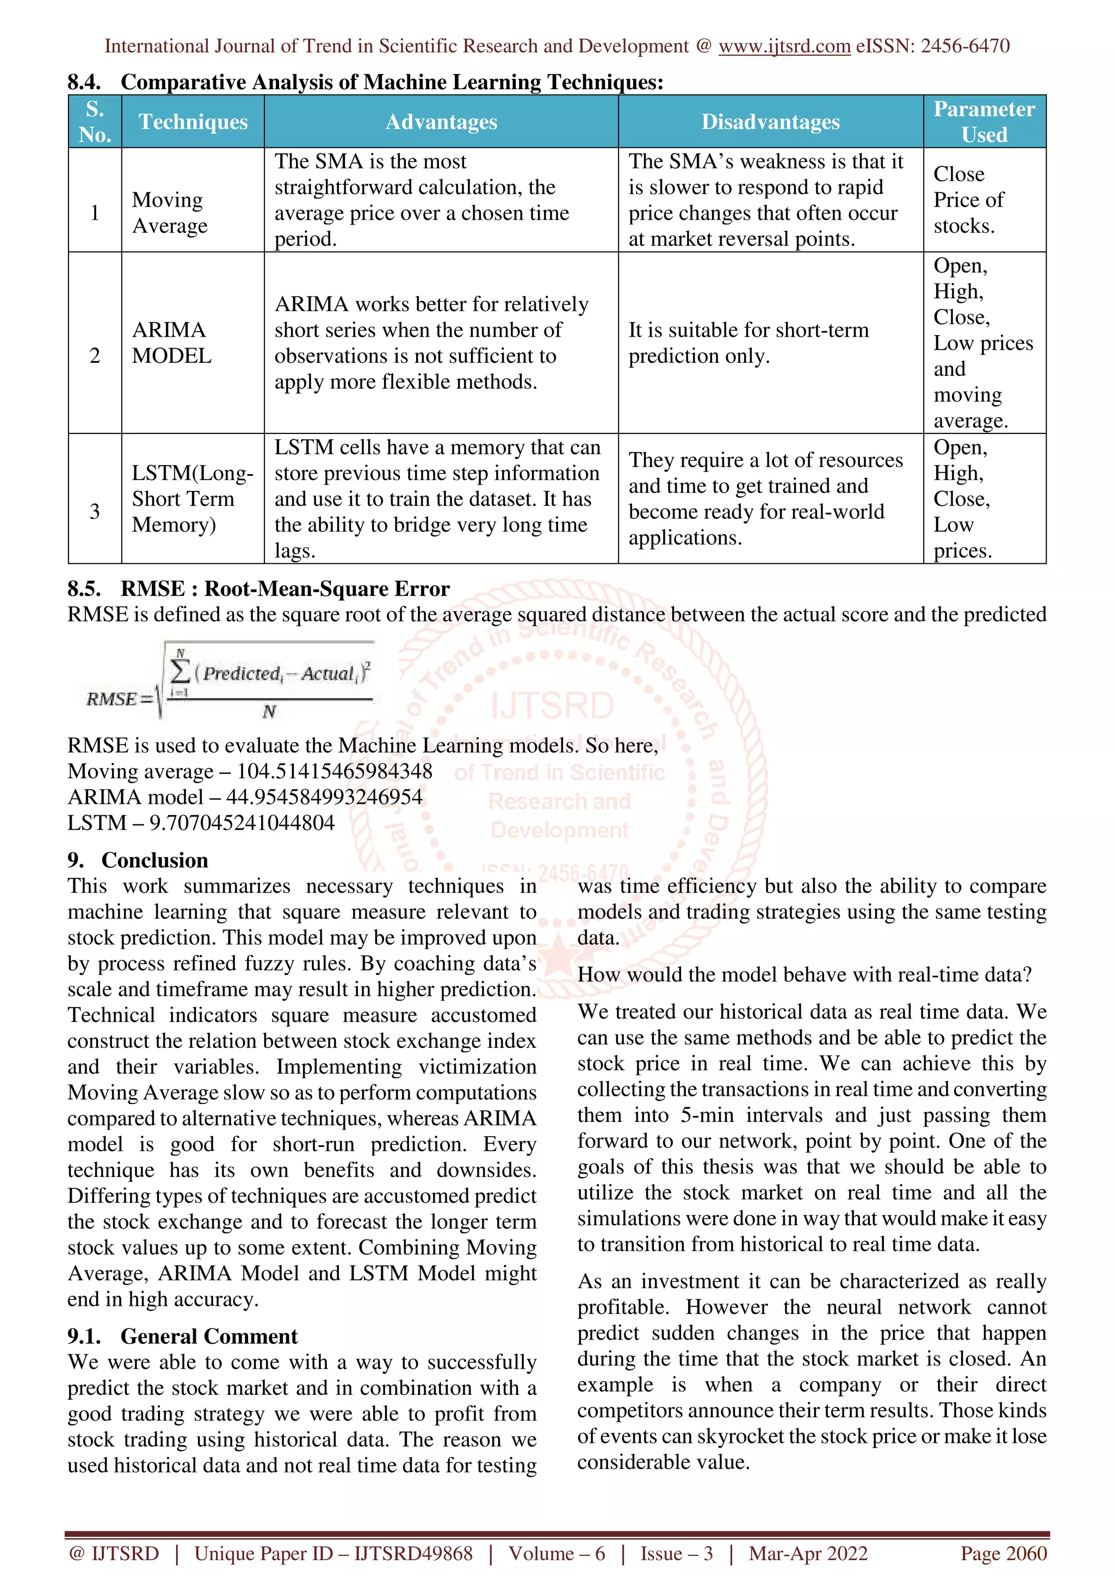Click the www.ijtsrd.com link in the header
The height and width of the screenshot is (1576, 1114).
[784, 46]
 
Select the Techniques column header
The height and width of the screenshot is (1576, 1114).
[193, 121]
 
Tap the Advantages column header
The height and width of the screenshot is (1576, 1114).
[441, 121]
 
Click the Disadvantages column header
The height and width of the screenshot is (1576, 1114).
[770, 121]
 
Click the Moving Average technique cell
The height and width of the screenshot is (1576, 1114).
[170, 213]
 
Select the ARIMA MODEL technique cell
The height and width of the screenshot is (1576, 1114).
[171, 343]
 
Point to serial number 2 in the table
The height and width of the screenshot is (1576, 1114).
[95, 356]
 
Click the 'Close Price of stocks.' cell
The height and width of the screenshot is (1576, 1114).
[968, 200]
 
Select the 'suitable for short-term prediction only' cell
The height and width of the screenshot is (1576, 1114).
[748, 343]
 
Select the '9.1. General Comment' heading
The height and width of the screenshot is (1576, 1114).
[183, 1336]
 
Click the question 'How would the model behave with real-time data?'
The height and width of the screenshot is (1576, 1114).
[804, 975]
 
